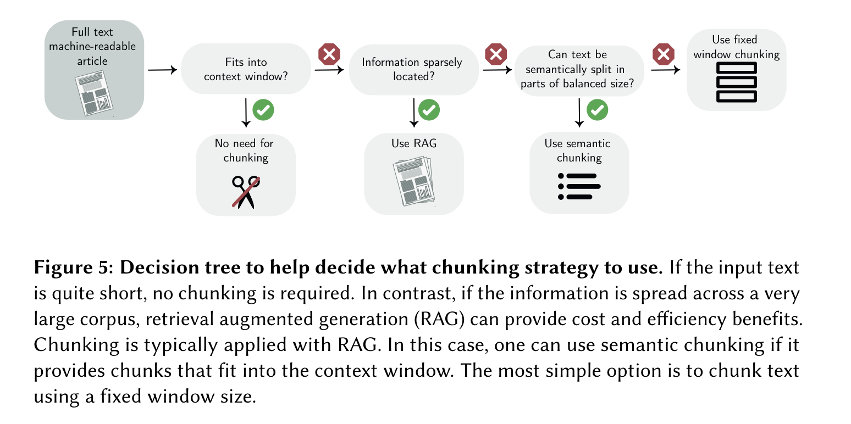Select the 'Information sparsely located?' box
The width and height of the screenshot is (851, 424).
click(x=412, y=69)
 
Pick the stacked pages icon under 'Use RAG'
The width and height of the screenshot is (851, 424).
click(x=414, y=183)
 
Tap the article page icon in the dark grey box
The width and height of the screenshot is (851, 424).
click(x=94, y=95)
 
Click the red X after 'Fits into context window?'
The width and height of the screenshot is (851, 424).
click(x=329, y=54)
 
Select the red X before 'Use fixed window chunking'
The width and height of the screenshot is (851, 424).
click(x=663, y=54)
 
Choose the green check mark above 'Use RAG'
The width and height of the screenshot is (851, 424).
click(x=429, y=110)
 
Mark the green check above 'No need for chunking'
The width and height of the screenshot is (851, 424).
click(x=263, y=110)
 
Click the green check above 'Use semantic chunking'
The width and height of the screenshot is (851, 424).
click(x=597, y=110)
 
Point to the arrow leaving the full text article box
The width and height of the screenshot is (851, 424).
click(x=162, y=70)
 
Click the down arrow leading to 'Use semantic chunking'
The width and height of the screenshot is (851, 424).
click(x=579, y=113)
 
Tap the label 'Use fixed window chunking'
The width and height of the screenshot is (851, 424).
click(x=737, y=47)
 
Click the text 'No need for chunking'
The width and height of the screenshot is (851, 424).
click(x=245, y=150)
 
